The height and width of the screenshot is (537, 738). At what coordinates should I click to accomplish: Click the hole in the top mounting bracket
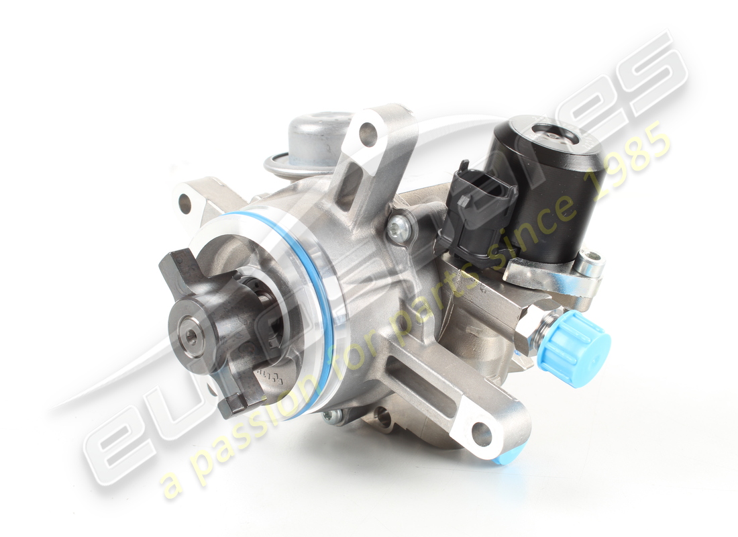point(368,134)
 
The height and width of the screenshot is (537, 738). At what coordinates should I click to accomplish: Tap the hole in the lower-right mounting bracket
point(482,434)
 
